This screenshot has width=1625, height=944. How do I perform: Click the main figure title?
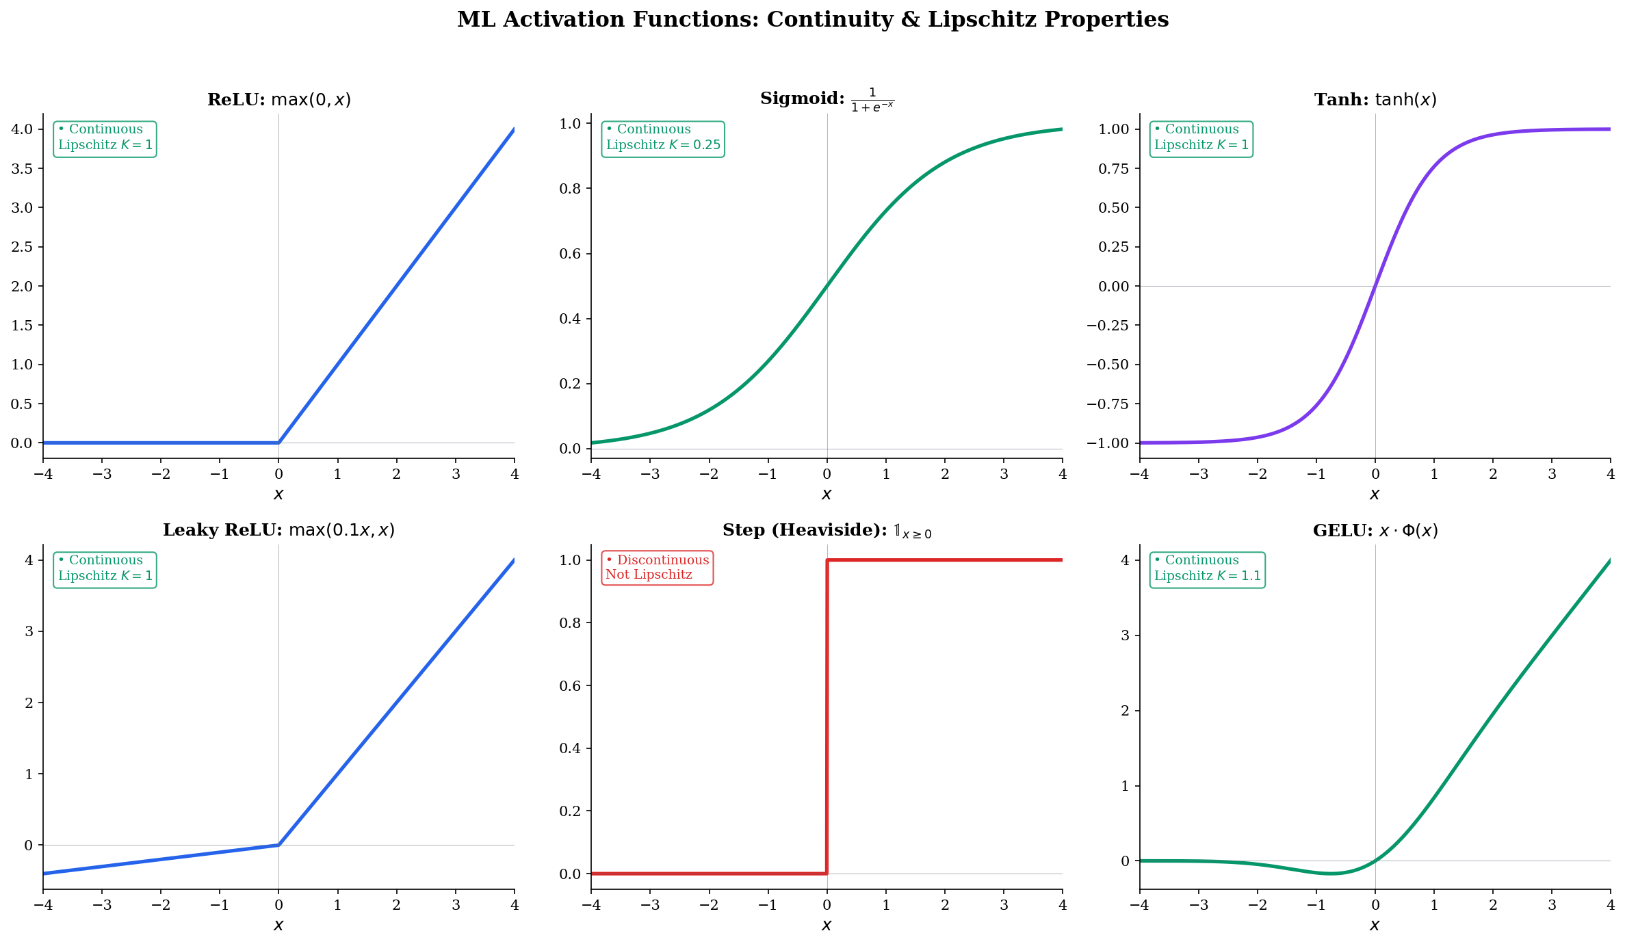(x=813, y=20)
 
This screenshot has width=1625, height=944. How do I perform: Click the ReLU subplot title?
(x=279, y=100)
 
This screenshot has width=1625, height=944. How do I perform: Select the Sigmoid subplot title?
(x=827, y=99)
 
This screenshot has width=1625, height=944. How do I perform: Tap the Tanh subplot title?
(x=1375, y=100)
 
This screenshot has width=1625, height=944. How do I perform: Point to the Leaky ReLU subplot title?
(x=278, y=530)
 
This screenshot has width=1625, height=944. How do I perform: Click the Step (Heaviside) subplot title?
(x=827, y=530)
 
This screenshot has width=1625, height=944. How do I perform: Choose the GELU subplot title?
(x=1375, y=530)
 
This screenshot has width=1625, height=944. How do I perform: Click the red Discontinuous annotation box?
(x=657, y=568)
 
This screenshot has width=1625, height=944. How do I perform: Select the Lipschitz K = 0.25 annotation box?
(x=663, y=139)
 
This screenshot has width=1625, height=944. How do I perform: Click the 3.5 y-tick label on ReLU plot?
(x=22, y=168)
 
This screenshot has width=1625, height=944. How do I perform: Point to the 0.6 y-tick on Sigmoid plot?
(x=570, y=254)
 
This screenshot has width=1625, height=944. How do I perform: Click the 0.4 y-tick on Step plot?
(x=570, y=748)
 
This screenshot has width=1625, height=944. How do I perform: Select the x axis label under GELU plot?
(x=1375, y=926)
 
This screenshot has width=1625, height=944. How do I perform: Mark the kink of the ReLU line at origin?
(x=278, y=443)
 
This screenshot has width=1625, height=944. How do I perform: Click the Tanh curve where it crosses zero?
(x=1375, y=286)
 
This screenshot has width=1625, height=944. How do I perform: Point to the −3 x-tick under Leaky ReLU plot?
(x=102, y=905)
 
